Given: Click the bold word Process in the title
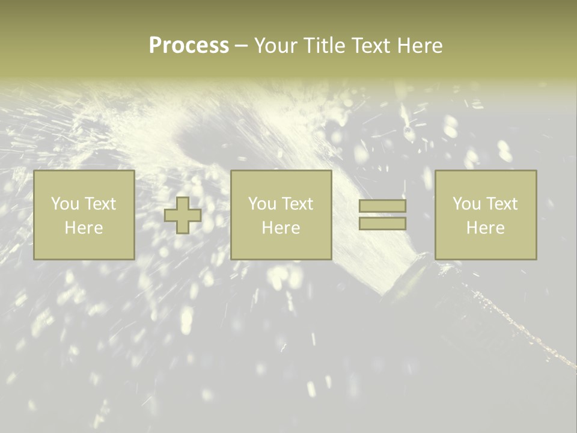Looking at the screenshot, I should click(189, 46).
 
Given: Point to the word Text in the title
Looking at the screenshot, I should click(370, 46).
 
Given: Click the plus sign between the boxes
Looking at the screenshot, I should click(183, 215).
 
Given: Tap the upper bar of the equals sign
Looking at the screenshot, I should click(382, 206).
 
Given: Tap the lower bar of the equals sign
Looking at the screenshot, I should click(382, 223).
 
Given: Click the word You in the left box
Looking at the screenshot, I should click(65, 204).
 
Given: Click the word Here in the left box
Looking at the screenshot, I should click(84, 228).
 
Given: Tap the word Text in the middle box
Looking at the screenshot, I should click(297, 204).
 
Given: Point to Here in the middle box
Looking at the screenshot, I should click(281, 228).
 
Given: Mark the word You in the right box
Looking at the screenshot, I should click(466, 204).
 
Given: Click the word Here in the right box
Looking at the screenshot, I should click(485, 228).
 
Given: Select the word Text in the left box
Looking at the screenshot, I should click(100, 204).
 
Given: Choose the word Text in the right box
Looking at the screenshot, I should click(501, 204).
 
